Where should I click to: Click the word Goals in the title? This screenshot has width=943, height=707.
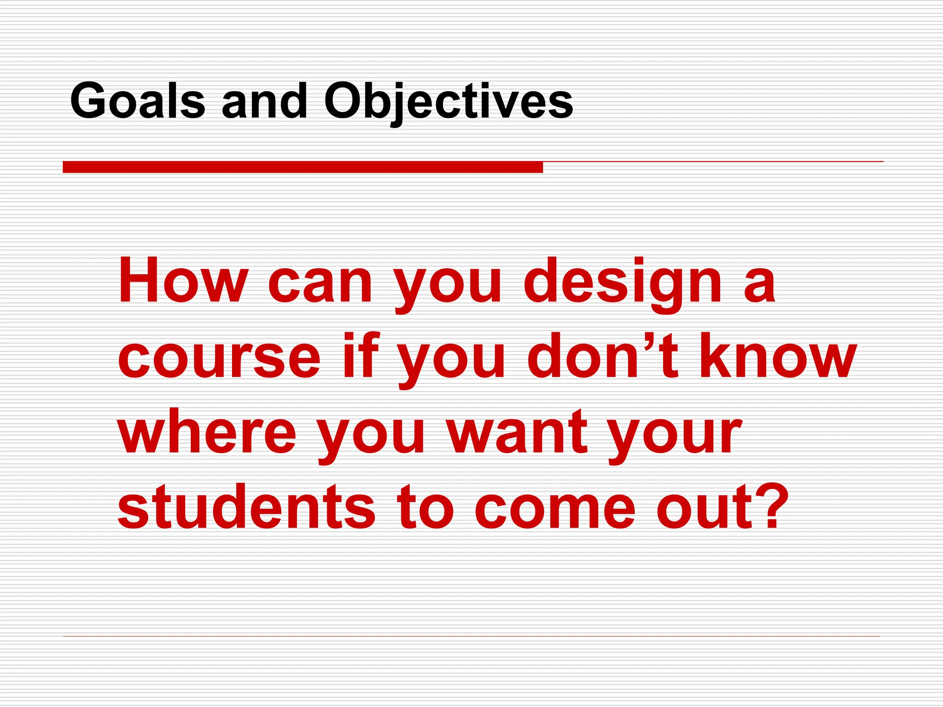[x=137, y=101]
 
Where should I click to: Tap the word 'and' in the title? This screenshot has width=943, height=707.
[x=264, y=101]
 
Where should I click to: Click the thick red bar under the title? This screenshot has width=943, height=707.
[x=303, y=167]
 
